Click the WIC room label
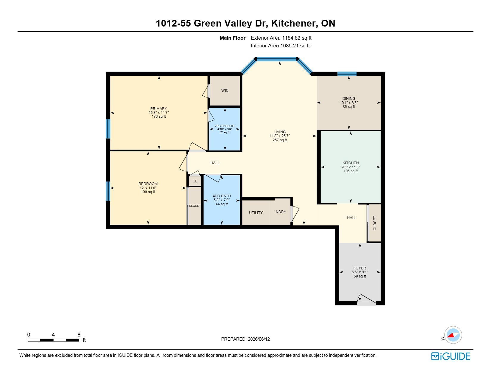[225, 91]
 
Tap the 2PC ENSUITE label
[224, 126]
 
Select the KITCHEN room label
[351, 163]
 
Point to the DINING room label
[349, 98]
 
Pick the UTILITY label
[256, 213]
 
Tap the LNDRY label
[280, 212]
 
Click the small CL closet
[195, 181]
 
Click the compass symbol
[453, 335]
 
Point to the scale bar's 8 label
[79, 334]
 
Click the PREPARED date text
[245, 339]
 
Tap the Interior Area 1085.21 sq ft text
[280, 46]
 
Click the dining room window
[347, 74]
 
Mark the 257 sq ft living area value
[279, 140]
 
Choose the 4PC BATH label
[222, 196]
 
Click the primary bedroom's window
[108, 129]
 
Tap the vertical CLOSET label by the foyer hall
[375, 223]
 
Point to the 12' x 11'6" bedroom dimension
[148, 188]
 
